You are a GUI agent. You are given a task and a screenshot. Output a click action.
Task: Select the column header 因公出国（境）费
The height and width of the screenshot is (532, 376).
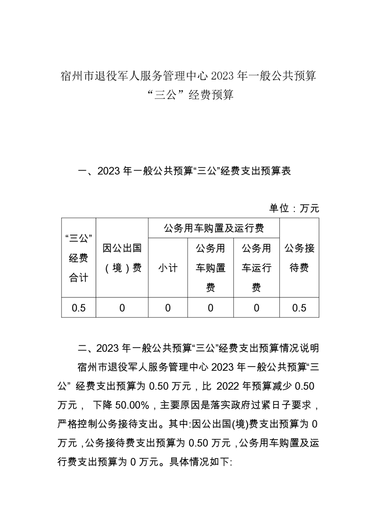pos(122,257)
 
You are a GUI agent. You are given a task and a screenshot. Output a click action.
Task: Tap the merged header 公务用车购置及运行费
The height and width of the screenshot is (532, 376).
pos(214,229)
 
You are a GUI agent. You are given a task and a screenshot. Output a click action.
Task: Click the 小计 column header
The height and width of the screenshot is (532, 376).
pos(168,268)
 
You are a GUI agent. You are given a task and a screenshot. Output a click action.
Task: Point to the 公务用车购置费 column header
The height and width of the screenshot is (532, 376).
pos(211,268)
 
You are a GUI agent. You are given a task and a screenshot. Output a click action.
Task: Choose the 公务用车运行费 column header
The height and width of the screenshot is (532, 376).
pos(257,268)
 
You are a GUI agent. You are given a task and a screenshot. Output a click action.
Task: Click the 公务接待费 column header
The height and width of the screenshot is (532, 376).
pos(299,257)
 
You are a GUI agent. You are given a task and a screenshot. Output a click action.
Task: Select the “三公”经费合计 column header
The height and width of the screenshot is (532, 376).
pos(79,258)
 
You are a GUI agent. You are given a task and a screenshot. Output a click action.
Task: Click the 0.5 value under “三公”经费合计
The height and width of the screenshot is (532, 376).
pos(79,308)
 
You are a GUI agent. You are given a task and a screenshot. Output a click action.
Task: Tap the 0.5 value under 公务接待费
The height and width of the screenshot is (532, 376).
pos(299,308)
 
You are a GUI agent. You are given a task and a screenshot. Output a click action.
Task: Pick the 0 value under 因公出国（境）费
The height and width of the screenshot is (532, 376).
pos(122,308)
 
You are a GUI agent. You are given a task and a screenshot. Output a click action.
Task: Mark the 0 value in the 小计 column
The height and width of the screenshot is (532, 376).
pos(168,308)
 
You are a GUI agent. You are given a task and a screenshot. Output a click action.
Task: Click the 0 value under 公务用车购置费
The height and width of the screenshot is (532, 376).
pos(211,308)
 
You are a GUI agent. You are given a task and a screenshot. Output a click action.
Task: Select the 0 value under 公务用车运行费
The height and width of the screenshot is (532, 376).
pos(257,308)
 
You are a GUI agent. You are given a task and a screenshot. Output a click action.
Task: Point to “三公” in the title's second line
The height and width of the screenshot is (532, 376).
pos(165,95)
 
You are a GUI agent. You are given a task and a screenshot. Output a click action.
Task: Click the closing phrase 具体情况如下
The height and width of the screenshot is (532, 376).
pos(201,461)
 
